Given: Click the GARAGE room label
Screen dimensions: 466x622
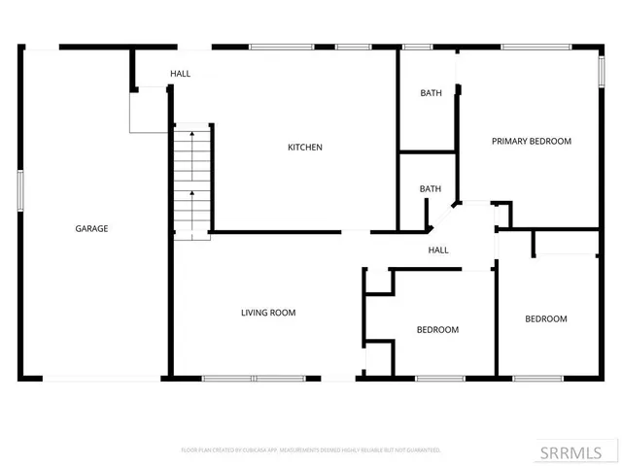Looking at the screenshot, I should tap(91, 229).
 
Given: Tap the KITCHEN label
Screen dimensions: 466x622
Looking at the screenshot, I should tap(304, 148).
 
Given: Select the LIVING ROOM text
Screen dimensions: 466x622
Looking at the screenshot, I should tap(268, 313).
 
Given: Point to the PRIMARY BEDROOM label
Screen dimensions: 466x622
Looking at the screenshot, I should tap(531, 141).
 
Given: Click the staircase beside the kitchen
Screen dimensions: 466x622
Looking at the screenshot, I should tap(192, 182).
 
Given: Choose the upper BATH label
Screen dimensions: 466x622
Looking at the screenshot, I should tap(431, 93).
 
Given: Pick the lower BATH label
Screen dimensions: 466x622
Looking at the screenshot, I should tap(431, 188).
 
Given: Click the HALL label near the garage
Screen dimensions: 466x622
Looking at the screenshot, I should tap(180, 74).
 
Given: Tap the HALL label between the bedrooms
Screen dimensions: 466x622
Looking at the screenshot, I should tap(438, 250).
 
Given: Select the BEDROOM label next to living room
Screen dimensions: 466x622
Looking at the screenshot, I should tap(437, 330).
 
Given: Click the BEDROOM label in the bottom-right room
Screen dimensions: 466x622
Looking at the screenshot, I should tap(546, 319).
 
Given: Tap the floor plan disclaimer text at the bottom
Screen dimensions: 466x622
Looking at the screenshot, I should tap(311, 450).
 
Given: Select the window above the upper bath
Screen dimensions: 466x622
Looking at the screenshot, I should tap(418, 47).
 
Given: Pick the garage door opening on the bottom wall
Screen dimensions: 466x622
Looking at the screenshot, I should tap(92, 378).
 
